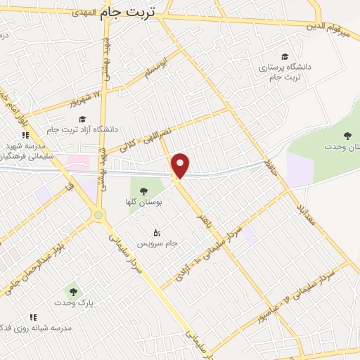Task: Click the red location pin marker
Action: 181,165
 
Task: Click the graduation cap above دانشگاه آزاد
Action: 82,119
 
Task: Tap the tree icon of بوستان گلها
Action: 143,191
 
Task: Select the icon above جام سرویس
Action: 157,232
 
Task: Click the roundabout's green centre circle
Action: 98,215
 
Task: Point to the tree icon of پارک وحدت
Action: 72,290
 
